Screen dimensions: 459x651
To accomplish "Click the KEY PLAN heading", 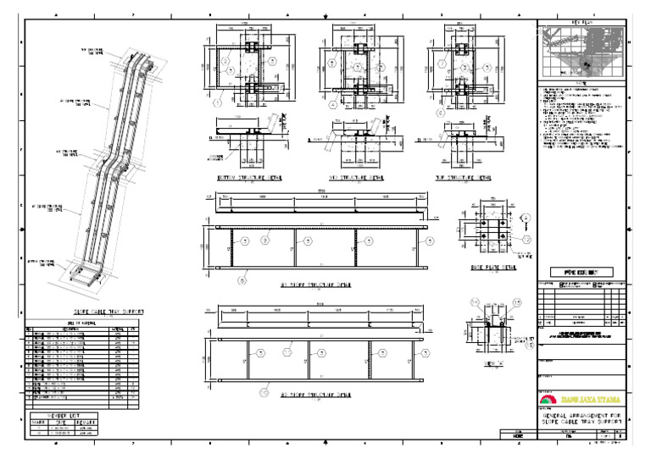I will pos(581,23).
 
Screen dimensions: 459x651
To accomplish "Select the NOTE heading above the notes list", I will pos(581,83).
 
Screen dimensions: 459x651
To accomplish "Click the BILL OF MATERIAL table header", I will pos(82,323).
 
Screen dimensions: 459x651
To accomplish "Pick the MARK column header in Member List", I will pos(36,423).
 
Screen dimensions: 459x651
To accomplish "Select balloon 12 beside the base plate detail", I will pos(526,241).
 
